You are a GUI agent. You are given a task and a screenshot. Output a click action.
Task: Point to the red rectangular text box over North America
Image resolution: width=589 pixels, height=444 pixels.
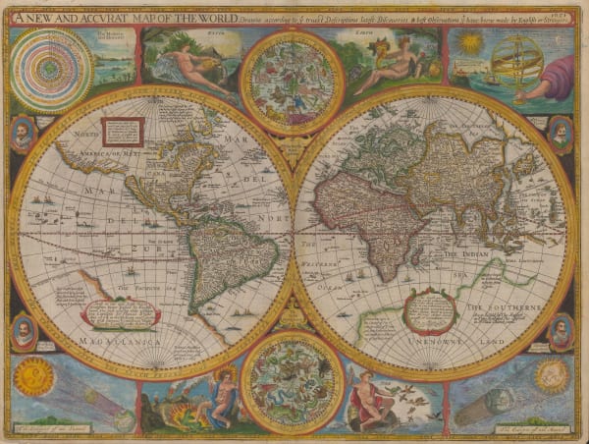point(124,131)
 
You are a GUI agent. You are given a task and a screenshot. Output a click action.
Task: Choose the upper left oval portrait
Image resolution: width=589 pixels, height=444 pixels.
point(23,135)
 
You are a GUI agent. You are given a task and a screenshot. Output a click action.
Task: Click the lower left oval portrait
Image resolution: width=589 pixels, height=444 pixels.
point(23,332)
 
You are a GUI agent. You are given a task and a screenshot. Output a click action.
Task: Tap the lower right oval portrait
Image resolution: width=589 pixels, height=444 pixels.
point(561,332)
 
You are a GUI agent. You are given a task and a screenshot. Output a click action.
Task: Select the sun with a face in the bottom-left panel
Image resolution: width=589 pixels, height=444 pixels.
point(35,375)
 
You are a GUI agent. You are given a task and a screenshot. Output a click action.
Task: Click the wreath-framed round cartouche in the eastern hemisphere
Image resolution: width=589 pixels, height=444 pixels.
point(430,311)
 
